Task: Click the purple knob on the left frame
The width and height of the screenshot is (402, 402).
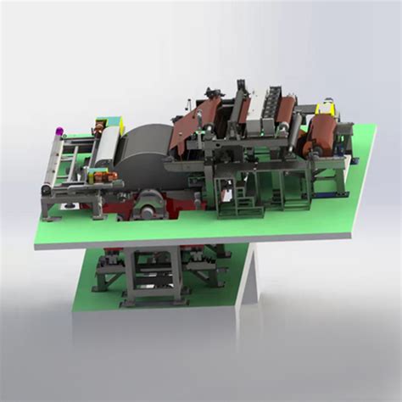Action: point(59,131)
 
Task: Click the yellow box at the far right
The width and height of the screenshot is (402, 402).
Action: point(326,109)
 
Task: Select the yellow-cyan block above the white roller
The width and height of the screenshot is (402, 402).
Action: point(103,120)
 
